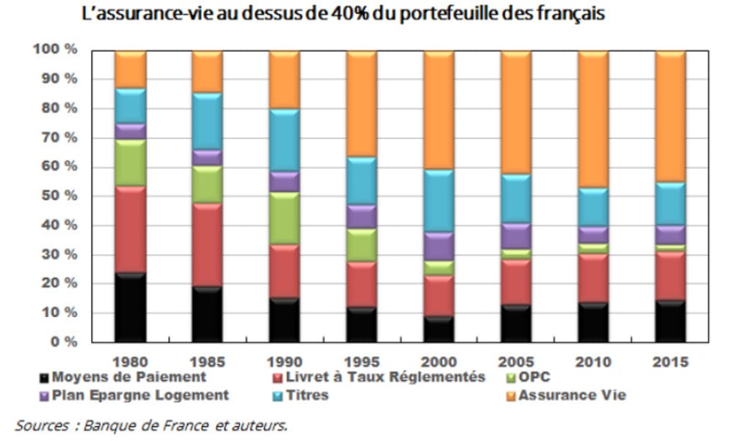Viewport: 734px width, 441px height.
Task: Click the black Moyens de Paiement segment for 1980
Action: click(131, 307)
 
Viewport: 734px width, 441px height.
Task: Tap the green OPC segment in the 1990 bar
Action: click(285, 218)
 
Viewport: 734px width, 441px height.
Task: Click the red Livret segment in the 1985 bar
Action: click(208, 244)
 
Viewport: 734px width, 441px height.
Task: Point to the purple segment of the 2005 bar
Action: click(516, 236)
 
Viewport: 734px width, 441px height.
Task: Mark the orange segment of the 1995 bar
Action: click(362, 103)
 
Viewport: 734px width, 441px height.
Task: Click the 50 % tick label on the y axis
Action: click(57, 196)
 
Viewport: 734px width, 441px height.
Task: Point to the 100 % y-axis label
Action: click(54, 50)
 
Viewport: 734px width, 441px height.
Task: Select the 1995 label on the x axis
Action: click(362, 362)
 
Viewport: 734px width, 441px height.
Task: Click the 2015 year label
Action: click(670, 362)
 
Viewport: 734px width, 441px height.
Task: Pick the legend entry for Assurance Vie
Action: click(572, 396)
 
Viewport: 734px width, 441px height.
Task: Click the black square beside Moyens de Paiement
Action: click(46, 379)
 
